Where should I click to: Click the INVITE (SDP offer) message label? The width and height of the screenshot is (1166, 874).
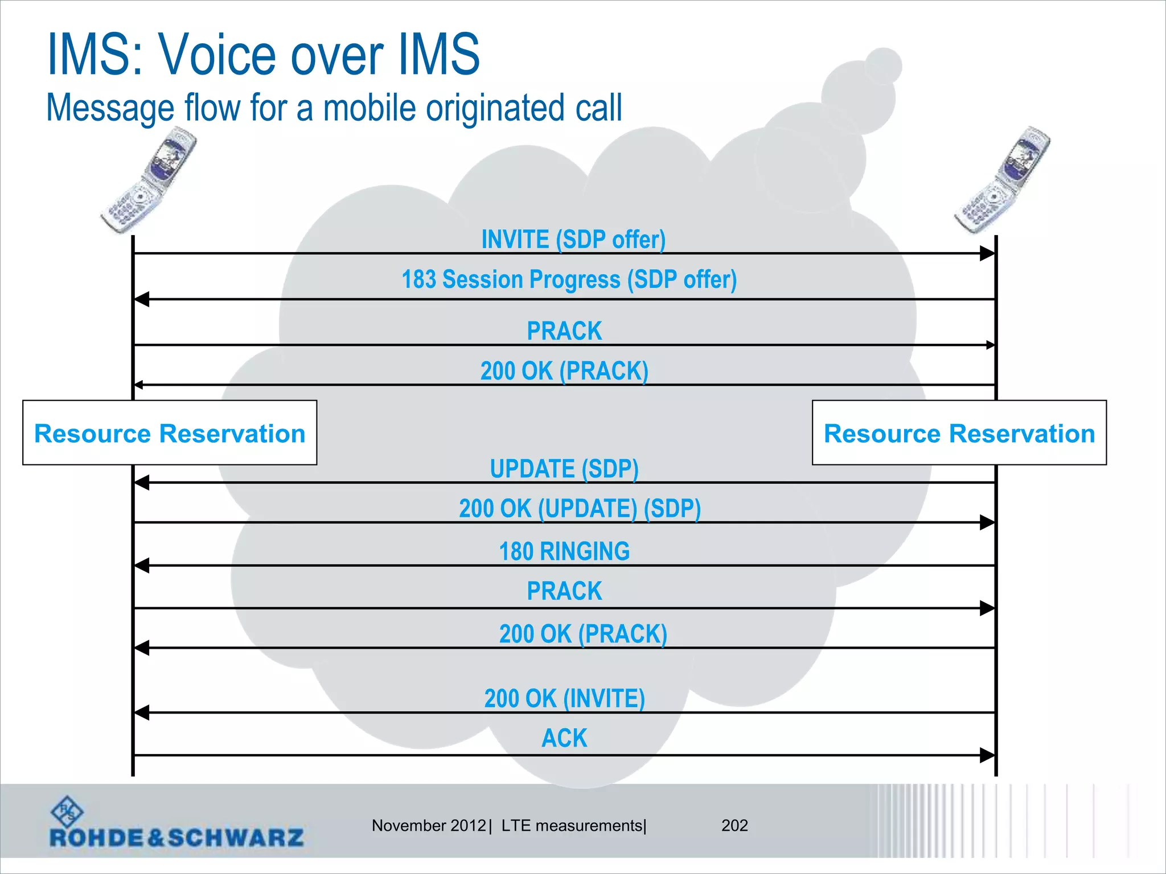[x=573, y=240]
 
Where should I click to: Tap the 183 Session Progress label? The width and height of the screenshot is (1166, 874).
[x=569, y=279]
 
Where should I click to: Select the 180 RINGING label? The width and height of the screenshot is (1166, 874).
[x=564, y=551]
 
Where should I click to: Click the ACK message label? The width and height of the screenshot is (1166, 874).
[x=564, y=738]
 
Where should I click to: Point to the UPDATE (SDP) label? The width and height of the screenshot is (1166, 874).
[x=564, y=469]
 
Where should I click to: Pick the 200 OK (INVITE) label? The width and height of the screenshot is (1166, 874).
[x=564, y=698]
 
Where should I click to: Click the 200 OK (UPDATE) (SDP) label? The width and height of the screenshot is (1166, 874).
[x=580, y=509]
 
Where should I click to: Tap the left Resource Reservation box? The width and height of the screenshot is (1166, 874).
[x=170, y=433]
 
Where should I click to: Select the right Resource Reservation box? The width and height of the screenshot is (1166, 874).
[x=959, y=433]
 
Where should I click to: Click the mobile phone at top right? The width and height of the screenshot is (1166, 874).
[x=1003, y=181]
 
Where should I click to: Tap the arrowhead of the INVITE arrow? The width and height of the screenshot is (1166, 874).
[x=987, y=253]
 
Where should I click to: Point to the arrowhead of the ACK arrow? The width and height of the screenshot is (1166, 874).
[x=987, y=756]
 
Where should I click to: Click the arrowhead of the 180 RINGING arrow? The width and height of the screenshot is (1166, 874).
[x=142, y=566]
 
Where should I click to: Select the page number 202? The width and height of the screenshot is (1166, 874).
[x=734, y=826]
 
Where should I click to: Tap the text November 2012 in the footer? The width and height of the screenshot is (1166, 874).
[x=429, y=826]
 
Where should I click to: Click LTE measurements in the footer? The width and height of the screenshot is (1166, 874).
[x=572, y=826]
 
